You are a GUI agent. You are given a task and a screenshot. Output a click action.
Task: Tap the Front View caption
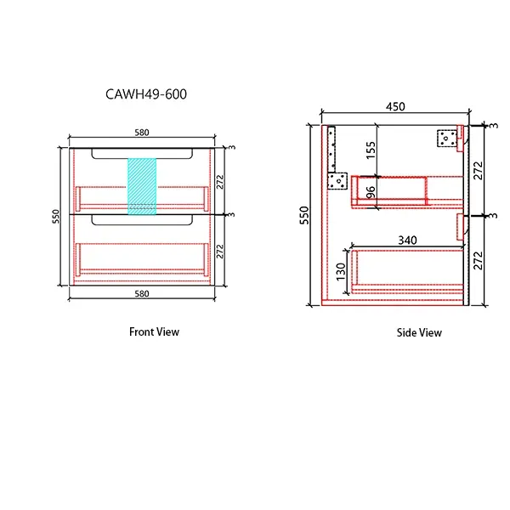(154, 331)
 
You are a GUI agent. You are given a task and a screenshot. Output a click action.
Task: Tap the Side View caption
(419, 332)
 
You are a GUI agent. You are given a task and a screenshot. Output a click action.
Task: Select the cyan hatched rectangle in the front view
(142, 185)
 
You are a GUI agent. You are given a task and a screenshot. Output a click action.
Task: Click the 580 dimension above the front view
(142, 133)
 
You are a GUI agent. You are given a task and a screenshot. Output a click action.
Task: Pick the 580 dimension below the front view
(142, 293)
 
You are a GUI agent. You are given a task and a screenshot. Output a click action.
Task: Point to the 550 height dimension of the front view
(56, 217)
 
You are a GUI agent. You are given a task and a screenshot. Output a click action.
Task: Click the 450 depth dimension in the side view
(395, 107)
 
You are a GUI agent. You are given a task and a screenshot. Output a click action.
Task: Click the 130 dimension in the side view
(342, 271)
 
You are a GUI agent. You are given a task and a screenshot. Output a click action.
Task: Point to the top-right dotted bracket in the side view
(446, 138)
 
